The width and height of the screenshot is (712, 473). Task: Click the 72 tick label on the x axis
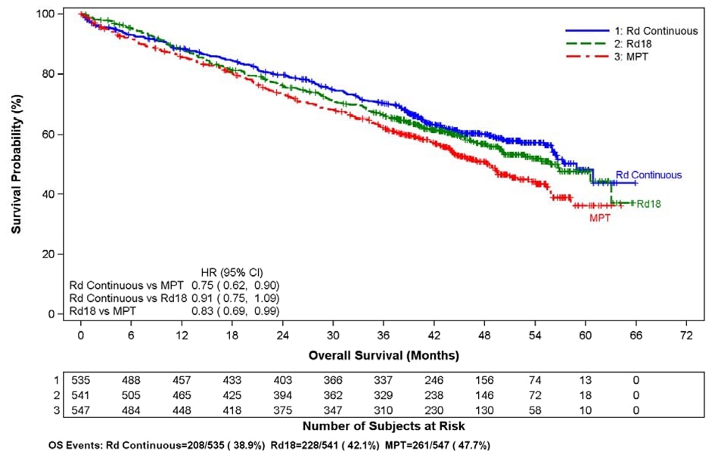(x=686, y=335)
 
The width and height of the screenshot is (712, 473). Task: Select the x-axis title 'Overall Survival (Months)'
(x=384, y=354)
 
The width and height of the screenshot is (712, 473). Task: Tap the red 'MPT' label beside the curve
(x=600, y=218)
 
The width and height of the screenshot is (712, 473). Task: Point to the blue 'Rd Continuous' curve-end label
(x=648, y=175)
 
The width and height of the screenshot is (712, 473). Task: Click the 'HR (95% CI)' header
(x=232, y=272)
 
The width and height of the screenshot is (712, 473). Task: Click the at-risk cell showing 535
(x=80, y=381)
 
